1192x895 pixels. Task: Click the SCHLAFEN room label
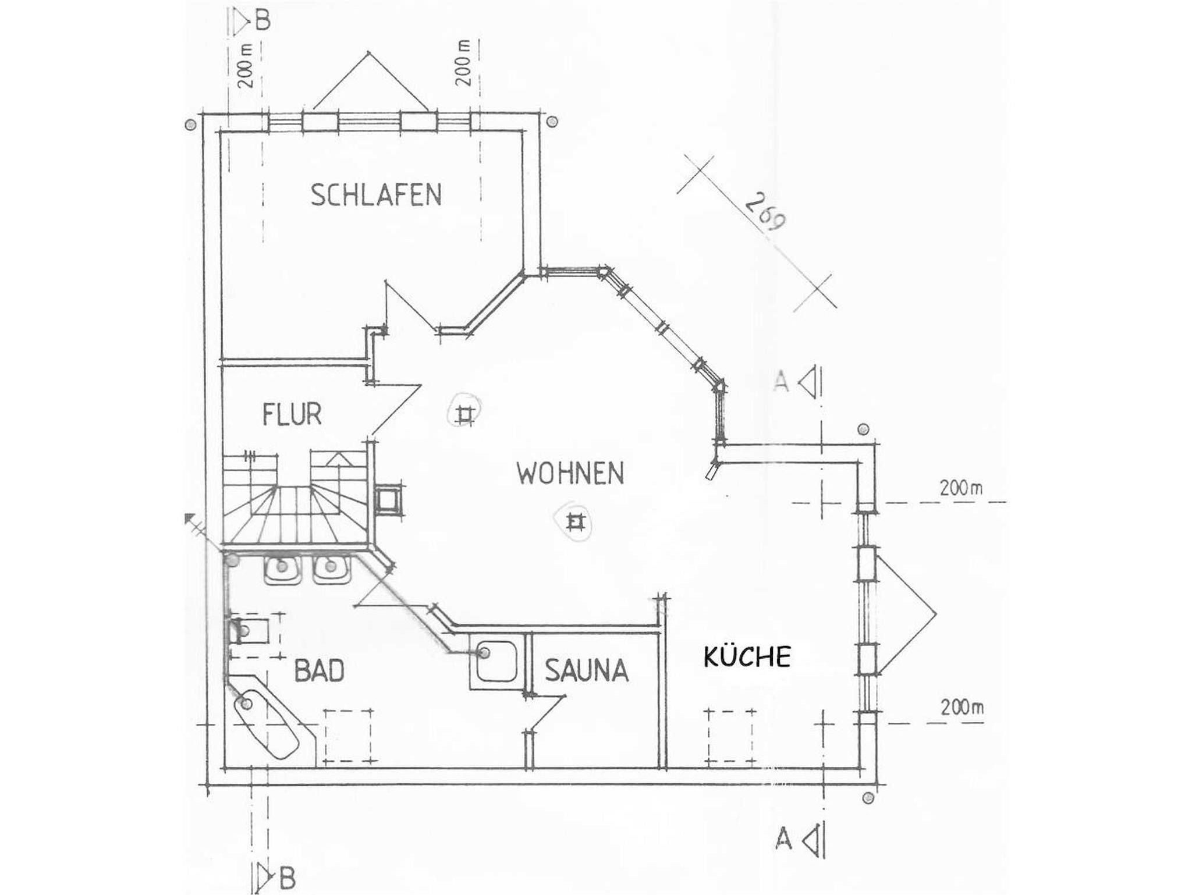(376, 195)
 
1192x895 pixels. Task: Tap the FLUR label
(292, 414)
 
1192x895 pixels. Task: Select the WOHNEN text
(570, 473)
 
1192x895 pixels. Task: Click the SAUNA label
(587, 670)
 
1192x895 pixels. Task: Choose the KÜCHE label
(747, 656)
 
